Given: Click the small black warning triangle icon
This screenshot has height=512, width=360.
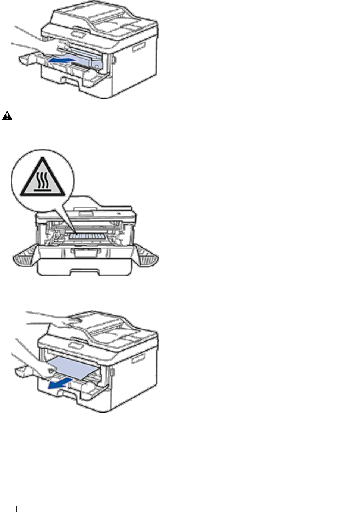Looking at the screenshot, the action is [7, 116].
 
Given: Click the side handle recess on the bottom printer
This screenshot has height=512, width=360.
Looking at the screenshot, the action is [138, 359].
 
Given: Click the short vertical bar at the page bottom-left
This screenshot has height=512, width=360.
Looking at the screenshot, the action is [17, 509].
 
